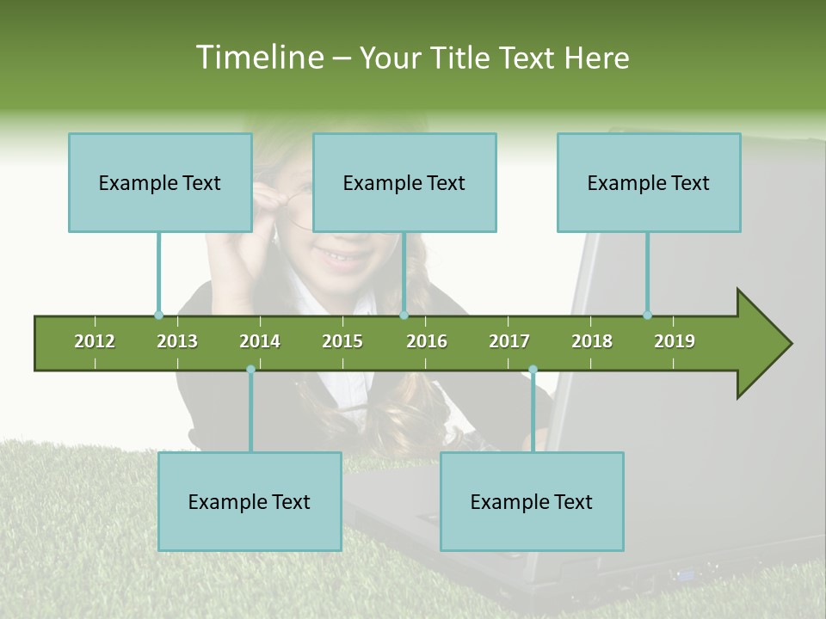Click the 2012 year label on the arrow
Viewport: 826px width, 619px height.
coord(95,341)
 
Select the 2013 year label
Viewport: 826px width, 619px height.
coord(177,341)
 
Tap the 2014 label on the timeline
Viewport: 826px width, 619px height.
coord(260,341)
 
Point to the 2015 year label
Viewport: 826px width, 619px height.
coord(342,341)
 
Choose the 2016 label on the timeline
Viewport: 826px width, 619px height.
coord(427,341)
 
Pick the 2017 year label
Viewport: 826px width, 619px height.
coord(509,341)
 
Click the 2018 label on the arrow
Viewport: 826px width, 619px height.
coord(592,341)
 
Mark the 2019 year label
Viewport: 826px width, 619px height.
coord(675,341)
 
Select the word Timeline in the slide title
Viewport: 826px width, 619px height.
coord(258,58)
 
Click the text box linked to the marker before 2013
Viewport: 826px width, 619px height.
coord(160,182)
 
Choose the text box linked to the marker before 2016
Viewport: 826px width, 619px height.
coord(404,182)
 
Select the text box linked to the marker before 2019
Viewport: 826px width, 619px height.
coord(649,182)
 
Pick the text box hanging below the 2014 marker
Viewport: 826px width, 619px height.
coord(250,501)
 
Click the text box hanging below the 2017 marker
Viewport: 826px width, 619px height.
coord(532,501)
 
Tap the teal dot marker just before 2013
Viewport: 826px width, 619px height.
coord(158,315)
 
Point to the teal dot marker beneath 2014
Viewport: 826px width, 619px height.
coord(250,369)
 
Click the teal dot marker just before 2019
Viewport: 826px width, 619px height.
coord(647,315)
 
